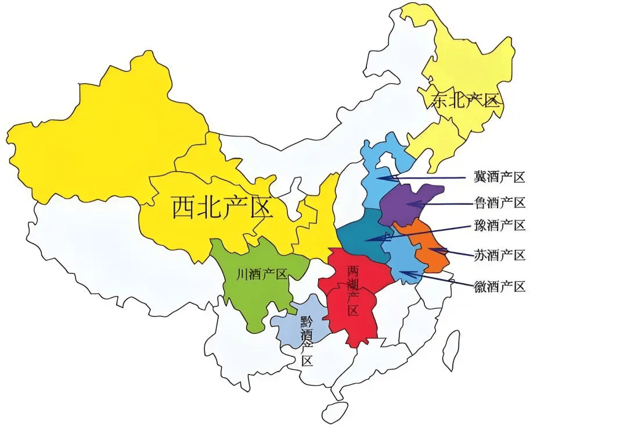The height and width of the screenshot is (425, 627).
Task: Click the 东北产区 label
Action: click(x=465, y=101)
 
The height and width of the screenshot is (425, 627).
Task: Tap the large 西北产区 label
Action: click(x=222, y=206)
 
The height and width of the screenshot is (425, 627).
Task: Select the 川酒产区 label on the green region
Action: click(x=262, y=274)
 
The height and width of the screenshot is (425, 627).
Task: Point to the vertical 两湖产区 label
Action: click(x=352, y=290)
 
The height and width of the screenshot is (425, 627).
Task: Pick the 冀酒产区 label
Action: click(x=499, y=176)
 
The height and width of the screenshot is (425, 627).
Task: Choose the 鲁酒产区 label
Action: click(x=499, y=202)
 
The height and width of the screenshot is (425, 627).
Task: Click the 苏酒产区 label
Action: click(x=499, y=255)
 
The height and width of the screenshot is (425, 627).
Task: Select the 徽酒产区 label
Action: click(x=499, y=286)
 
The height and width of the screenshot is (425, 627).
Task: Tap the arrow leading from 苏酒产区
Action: click(x=449, y=252)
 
